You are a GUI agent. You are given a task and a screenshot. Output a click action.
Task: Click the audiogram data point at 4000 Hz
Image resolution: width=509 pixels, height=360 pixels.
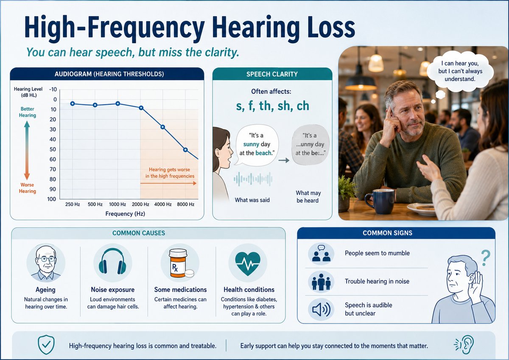163,127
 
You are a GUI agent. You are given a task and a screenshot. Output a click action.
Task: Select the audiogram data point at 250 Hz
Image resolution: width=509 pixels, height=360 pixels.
73,103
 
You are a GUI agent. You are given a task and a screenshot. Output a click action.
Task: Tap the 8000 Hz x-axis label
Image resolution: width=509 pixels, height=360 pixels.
186,204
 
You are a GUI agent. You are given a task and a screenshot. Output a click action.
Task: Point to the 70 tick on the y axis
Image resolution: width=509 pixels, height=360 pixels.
53,169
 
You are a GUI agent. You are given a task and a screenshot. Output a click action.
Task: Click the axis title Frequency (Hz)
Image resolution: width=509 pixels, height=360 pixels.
125,214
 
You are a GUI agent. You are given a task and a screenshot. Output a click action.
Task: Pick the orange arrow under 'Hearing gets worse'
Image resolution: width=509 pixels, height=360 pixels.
168,183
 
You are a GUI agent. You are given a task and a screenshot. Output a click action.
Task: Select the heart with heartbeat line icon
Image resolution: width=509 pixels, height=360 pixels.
248,263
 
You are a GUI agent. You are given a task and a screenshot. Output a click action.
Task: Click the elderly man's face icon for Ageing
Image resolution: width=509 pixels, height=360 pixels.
46,263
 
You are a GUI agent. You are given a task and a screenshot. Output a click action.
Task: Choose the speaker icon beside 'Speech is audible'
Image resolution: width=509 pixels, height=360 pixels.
321,309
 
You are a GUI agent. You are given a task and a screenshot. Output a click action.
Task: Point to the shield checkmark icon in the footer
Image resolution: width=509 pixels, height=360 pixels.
46,345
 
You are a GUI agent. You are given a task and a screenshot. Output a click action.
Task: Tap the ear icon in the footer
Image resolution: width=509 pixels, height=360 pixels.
464,345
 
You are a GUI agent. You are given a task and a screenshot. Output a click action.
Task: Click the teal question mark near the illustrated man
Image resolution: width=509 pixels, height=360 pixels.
485,258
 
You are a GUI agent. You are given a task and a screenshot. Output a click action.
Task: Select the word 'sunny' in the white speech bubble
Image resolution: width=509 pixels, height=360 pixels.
251,145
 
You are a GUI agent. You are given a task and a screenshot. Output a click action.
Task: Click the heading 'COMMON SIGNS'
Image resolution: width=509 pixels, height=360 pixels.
387,233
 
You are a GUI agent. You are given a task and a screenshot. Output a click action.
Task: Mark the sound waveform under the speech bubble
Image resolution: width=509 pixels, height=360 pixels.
253,179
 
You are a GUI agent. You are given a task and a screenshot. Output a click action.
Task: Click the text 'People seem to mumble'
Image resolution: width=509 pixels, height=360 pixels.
377,253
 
